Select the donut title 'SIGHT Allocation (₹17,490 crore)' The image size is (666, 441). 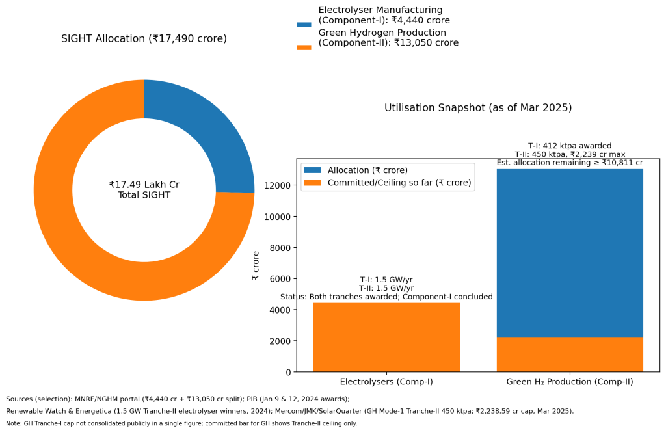[144, 39]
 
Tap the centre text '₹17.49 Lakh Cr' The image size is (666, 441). [144, 185]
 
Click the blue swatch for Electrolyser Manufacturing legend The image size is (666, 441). [304, 25]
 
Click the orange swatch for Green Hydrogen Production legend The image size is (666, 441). [304, 47]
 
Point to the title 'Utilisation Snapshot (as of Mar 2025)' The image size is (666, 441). [478, 108]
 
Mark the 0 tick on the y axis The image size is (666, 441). [289, 372]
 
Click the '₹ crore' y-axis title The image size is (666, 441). [256, 266]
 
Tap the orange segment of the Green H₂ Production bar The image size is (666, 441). [570, 354]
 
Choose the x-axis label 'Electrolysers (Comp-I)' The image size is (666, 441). [386, 382]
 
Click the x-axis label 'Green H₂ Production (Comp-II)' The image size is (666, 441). [570, 382]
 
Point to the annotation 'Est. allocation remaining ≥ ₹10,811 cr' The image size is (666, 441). [570, 163]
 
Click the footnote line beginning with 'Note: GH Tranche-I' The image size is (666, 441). [181, 423]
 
